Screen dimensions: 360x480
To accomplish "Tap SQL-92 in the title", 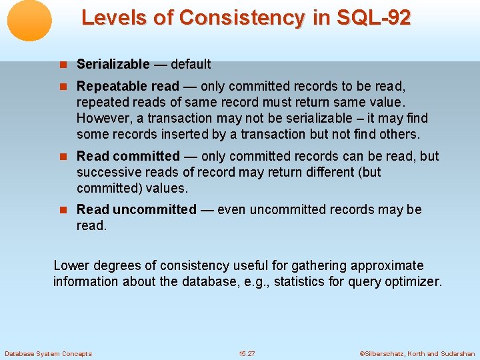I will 375,17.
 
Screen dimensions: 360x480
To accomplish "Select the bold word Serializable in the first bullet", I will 113,64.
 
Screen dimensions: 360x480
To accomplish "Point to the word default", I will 191,64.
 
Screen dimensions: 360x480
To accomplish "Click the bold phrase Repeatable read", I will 128,86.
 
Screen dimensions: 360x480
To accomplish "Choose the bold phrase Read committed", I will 128,156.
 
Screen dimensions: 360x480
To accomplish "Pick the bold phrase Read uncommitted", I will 137,209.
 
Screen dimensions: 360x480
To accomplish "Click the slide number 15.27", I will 247,353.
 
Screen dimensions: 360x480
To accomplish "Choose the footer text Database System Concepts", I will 48,353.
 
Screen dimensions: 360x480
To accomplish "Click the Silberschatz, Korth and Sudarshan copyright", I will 417,353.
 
